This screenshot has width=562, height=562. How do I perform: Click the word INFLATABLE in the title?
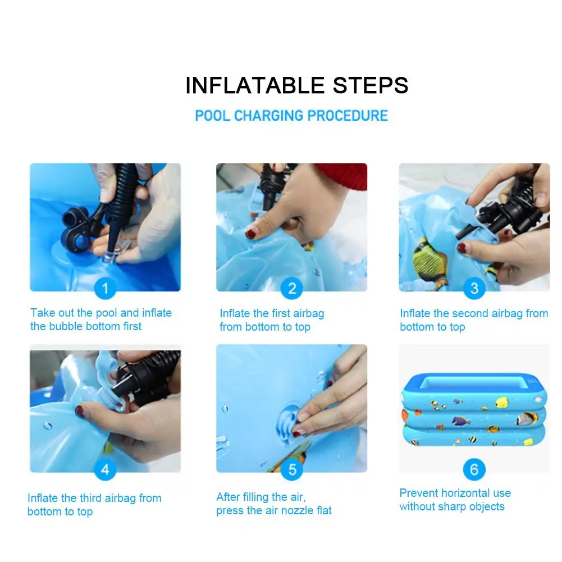pos(255,85)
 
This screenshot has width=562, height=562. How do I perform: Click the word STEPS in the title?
pos(371,85)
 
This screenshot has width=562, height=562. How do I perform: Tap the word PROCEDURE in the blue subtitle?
pos(348,116)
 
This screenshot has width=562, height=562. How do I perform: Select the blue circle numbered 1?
pos(105,288)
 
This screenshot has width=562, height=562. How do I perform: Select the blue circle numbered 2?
pos(292,288)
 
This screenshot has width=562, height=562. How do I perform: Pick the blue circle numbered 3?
pos(474,288)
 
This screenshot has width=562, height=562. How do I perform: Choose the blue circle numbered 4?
pos(105,469)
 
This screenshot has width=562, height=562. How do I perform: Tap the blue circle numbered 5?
pos(292,469)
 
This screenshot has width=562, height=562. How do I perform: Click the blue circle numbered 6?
pos(474,469)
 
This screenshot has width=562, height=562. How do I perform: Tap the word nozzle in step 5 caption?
pos(295,510)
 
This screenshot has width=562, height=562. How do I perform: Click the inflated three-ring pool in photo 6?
pos(474,409)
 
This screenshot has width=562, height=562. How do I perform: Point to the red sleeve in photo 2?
pos(343,176)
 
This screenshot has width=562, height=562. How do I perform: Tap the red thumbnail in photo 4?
pos(79,410)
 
